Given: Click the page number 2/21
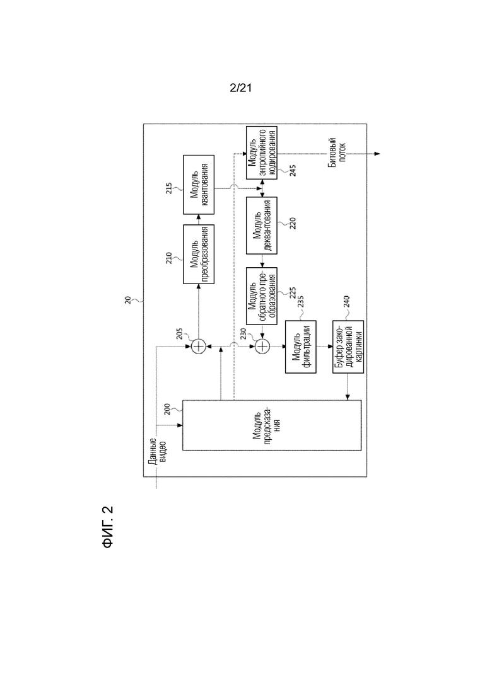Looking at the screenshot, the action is (x=240, y=88).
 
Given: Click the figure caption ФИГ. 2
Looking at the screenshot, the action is (x=108, y=527).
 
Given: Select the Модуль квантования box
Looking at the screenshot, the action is (x=199, y=185).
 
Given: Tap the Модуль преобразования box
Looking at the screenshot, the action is (x=199, y=255).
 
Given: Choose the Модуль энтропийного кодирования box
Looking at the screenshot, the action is (x=262, y=153).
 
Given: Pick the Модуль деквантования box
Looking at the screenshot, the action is (x=262, y=226).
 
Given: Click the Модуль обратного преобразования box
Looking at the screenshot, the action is (x=262, y=296).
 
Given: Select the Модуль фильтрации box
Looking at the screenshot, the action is (x=301, y=347).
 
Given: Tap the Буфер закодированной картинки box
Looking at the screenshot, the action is (x=348, y=347).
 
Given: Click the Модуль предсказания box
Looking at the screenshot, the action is (x=272, y=425).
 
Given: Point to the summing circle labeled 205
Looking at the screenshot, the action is (x=198, y=346).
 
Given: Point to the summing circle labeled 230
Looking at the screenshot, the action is (x=262, y=346).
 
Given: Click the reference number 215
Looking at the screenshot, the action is (x=169, y=188).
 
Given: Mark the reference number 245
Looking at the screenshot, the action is (x=293, y=171).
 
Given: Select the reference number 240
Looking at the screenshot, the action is (x=346, y=301).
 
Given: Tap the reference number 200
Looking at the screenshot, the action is (x=167, y=409).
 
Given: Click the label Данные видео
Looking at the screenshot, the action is (x=157, y=452).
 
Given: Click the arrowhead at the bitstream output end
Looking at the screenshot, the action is (x=377, y=154).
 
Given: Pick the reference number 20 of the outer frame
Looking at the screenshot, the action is (x=128, y=301).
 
